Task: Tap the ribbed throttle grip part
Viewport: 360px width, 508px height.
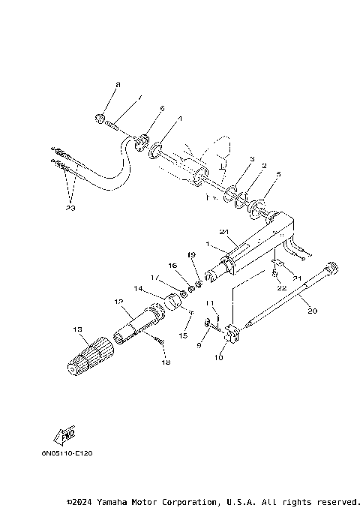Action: tap(89, 355)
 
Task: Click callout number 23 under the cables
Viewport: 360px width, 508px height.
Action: tap(71, 208)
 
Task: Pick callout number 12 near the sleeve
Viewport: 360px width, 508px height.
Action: tap(118, 302)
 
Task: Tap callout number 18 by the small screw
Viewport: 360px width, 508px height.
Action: tap(165, 362)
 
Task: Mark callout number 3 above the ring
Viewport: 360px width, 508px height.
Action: tap(252, 159)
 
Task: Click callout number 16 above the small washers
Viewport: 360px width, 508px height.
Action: tap(172, 266)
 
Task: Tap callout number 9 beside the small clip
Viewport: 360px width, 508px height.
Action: tap(199, 345)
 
